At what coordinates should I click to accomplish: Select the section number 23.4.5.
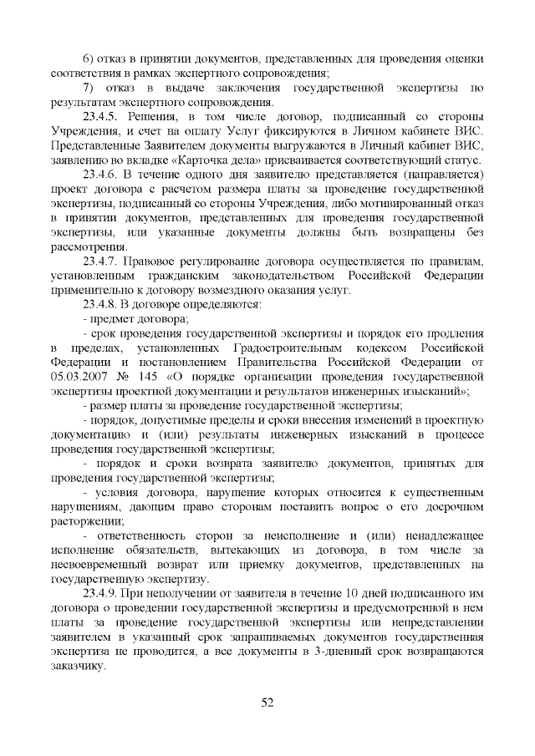click(102, 111)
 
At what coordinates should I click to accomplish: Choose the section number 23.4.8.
click(102, 303)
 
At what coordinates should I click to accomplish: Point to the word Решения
click(155, 111)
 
